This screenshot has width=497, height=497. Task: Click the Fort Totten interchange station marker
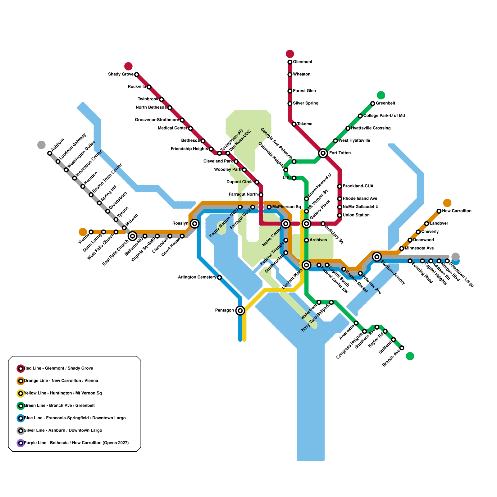(x=323, y=153)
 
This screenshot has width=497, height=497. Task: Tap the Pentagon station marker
(x=240, y=310)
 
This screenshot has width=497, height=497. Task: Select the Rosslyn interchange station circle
(x=195, y=223)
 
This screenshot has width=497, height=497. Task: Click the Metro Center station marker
(x=286, y=223)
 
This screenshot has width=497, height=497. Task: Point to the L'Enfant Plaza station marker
(x=307, y=265)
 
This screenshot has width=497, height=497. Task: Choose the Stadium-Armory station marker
(x=377, y=257)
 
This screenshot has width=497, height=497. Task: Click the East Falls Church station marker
(x=133, y=236)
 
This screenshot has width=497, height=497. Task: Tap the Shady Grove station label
(x=121, y=74)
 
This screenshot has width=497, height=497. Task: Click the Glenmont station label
(x=303, y=62)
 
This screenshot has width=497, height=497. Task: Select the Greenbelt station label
(x=385, y=103)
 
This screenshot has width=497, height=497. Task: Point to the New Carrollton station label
(x=457, y=211)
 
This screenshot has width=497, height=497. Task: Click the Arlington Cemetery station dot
(x=220, y=277)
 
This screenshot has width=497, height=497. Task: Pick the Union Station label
(x=356, y=215)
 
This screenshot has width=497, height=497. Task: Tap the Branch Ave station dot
(x=402, y=348)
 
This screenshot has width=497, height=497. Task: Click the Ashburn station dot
(x=50, y=153)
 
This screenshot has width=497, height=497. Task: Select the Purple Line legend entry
(x=76, y=443)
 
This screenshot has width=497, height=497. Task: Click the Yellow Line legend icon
(x=21, y=393)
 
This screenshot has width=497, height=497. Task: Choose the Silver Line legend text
(x=63, y=430)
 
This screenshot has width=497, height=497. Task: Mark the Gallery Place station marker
(x=307, y=223)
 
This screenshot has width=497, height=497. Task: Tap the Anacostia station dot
(x=356, y=323)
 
